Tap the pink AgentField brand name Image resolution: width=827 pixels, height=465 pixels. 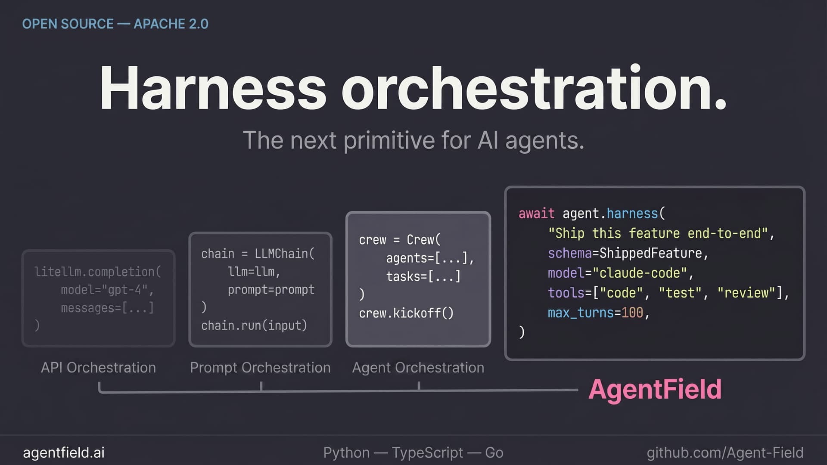pyautogui.click(x=655, y=389)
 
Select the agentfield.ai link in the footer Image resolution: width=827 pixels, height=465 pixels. pyautogui.click(x=64, y=453)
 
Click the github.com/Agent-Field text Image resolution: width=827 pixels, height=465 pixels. pyautogui.click(x=725, y=453)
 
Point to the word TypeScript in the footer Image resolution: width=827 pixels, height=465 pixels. pyautogui.click(x=427, y=453)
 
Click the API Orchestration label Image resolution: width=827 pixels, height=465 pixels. pyautogui.click(x=98, y=368)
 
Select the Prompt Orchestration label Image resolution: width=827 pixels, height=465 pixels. pyautogui.click(x=260, y=368)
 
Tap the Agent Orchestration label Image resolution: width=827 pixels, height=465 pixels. pyautogui.click(x=418, y=368)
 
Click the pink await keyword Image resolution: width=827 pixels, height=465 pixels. pyautogui.click(x=536, y=214)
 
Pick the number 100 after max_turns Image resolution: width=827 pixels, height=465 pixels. pyautogui.click(x=632, y=313)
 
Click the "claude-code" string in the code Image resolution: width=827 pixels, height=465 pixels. pyautogui.click(x=639, y=273)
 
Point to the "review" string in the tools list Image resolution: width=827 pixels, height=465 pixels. pyautogui.click(x=749, y=293)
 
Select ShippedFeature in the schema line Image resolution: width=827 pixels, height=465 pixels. pyautogui.click(x=650, y=253)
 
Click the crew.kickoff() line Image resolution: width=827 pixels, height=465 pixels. pyautogui.click(x=406, y=313)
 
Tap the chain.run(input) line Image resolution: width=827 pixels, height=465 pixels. pyautogui.click(x=254, y=325)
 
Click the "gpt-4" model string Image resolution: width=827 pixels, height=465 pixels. pyautogui.click(x=125, y=290)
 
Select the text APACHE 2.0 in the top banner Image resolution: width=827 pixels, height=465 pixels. pyautogui.click(x=171, y=24)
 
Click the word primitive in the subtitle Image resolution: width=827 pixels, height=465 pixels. pyautogui.click(x=389, y=140)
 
